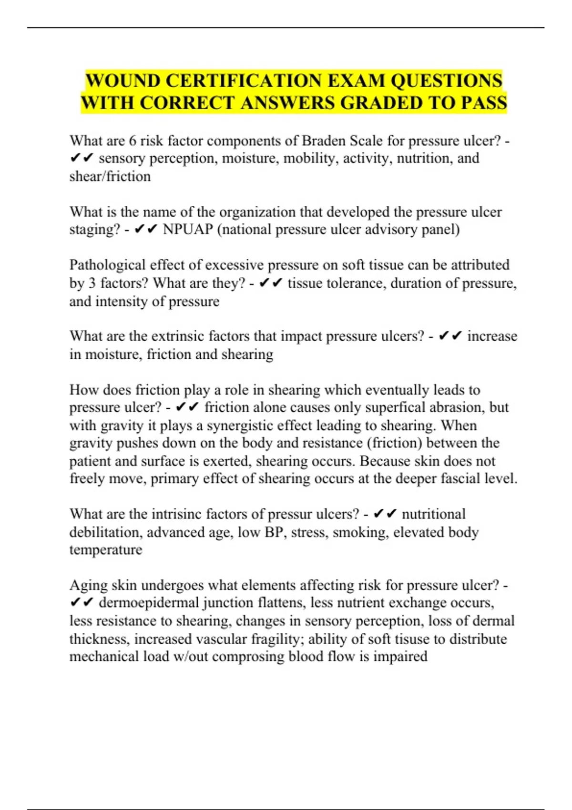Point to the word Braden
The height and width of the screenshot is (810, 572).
click(x=324, y=141)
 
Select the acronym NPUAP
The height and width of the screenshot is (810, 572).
click(x=188, y=229)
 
